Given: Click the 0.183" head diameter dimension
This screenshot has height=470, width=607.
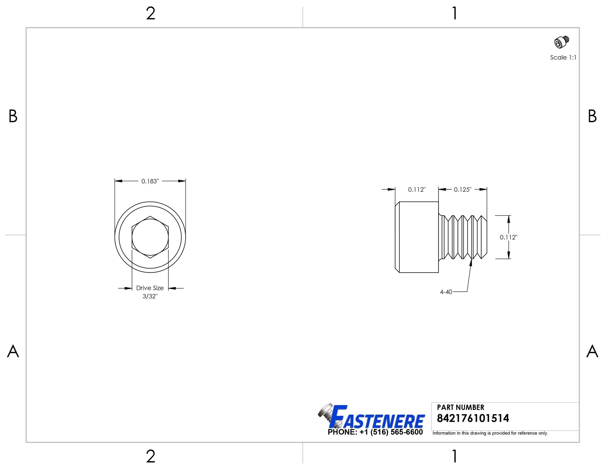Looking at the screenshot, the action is tap(150, 181).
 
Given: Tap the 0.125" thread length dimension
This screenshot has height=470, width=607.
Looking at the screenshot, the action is tap(462, 190).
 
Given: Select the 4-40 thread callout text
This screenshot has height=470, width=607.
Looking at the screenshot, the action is tap(446, 292).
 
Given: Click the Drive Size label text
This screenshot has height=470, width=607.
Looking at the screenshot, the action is tap(150, 288).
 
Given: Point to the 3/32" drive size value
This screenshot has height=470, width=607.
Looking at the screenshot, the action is tap(150, 296).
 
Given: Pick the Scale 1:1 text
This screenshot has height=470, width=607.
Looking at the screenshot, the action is tap(563, 57).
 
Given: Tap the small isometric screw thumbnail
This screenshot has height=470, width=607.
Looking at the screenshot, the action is tap(562, 42).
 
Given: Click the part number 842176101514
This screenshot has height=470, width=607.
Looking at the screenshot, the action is tap(473, 418).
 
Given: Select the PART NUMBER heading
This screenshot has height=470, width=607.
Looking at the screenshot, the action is tap(460, 407).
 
